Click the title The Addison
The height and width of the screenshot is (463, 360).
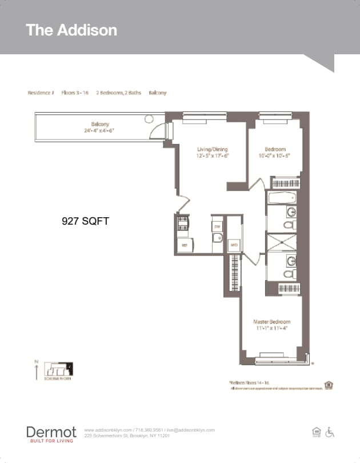point(71,30)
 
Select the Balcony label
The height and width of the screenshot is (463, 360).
point(100,124)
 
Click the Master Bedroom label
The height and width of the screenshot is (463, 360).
point(272,322)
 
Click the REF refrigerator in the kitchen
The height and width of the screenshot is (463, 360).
point(185,245)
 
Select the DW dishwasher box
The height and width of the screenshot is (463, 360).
point(217,226)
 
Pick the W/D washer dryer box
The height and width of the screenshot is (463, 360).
point(233,245)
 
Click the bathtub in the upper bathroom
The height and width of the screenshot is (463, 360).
point(282,198)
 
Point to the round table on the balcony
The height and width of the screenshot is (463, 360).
point(149,119)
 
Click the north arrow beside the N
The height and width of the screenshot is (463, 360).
point(37,372)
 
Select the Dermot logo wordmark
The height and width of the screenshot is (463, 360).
point(51,432)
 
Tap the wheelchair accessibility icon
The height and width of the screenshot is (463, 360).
point(330,433)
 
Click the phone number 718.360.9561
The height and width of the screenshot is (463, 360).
point(148,430)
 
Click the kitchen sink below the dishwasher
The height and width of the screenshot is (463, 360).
point(217,238)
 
